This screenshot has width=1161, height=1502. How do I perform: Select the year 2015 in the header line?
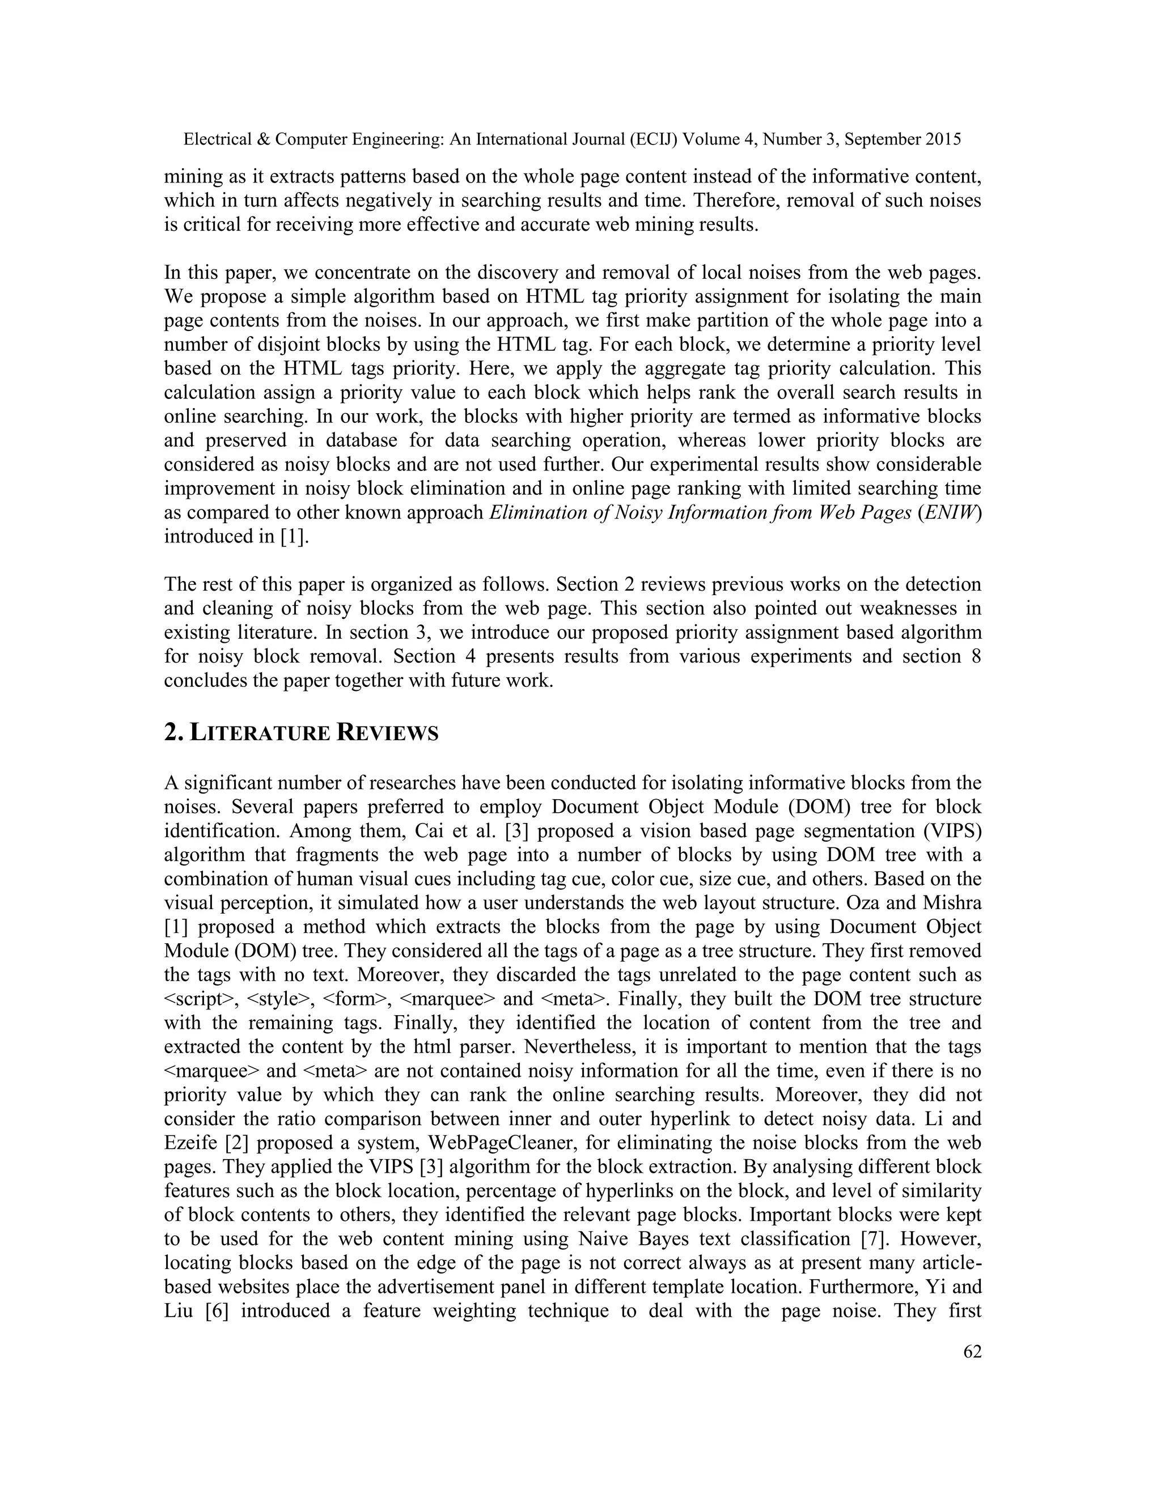point(942,139)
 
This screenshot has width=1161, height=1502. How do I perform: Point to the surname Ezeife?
point(190,1143)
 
